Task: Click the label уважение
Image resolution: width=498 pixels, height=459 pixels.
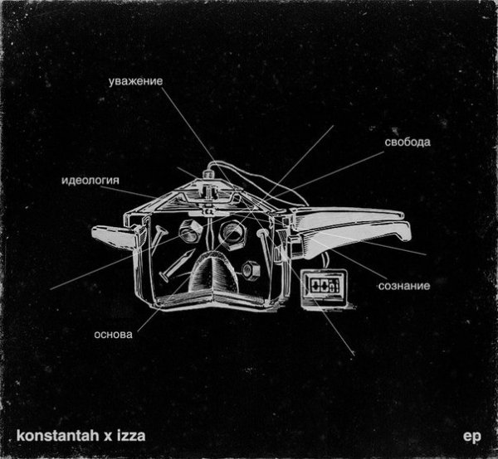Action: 135,81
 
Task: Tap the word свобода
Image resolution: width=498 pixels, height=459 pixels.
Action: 408,142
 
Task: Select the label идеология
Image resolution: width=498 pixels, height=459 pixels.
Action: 90,181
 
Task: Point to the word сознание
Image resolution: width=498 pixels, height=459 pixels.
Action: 404,286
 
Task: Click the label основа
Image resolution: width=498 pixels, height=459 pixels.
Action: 114,335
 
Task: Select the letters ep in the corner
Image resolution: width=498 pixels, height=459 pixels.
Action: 472,437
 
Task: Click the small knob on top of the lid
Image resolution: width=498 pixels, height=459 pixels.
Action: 208,175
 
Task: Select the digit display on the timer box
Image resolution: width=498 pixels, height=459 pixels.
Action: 325,284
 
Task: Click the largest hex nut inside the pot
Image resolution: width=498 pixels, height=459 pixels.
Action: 232,235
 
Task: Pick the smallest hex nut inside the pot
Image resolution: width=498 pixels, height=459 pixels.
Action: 251,271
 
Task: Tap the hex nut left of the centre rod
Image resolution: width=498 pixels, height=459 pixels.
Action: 190,232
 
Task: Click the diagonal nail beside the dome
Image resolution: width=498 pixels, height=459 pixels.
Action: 177,265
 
